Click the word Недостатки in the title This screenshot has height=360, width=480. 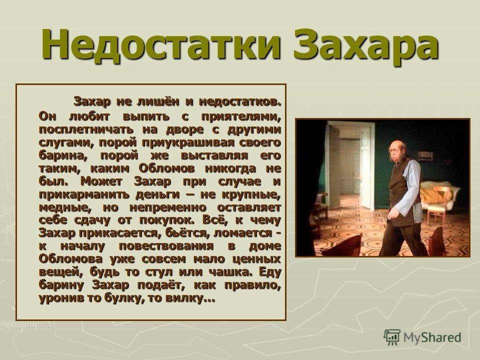coord(161,45)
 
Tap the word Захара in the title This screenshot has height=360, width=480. coord(366,45)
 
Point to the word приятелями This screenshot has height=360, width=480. coord(241,117)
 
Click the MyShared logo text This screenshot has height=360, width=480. coord(432,337)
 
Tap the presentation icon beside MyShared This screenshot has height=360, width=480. coord(392,336)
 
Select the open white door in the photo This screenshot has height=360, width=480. coord(367,165)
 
